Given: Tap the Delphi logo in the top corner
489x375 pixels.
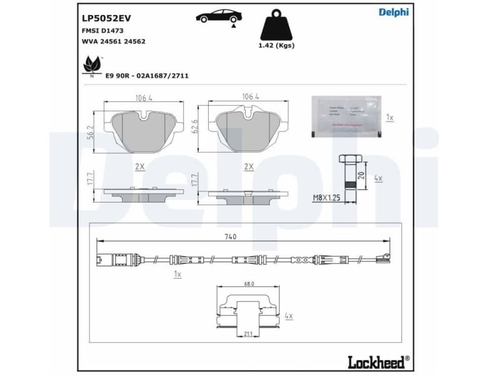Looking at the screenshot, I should [x=393, y=12].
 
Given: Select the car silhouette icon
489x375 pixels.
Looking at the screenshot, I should [x=219, y=16].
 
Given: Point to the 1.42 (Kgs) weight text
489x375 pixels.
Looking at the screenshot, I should [x=276, y=46].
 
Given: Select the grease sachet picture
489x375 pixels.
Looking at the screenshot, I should [x=346, y=116].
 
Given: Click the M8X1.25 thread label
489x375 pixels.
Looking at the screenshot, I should [x=325, y=197].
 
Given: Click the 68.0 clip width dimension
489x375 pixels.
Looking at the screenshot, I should [x=249, y=284].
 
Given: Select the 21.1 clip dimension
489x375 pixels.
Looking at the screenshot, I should [x=248, y=334].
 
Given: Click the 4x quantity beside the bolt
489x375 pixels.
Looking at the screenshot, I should [x=378, y=178].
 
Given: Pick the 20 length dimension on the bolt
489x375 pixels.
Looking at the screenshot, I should [x=362, y=174].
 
